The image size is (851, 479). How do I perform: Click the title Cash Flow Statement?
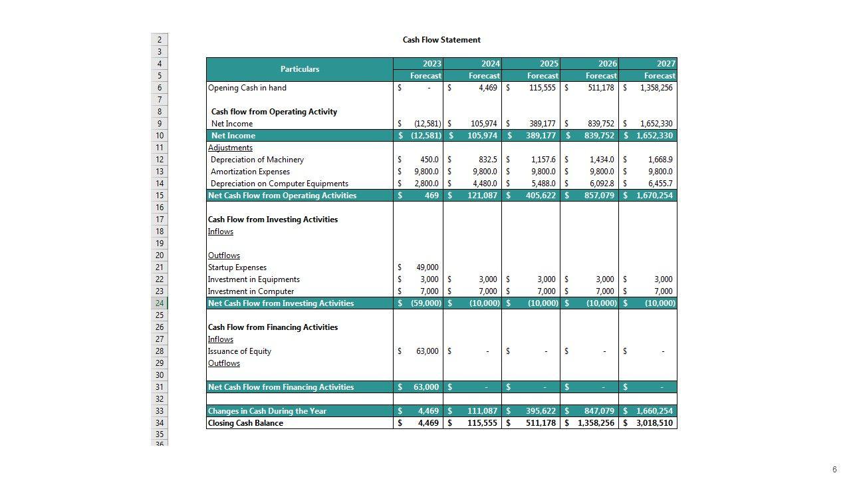click(x=441, y=40)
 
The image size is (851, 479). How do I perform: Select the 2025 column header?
click(x=548, y=64)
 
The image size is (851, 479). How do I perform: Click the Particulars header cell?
click(x=299, y=69)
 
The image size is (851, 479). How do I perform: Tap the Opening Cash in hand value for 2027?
click(x=656, y=88)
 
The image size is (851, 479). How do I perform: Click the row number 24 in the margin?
click(x=160, y=303)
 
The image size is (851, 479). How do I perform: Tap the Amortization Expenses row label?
click(x=250, y=172)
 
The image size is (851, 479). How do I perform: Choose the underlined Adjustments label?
click(x=230, y=148)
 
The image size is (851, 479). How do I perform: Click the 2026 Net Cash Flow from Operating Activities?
click(x=596, y=196)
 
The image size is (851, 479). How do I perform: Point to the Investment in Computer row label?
click(x=251, y=291)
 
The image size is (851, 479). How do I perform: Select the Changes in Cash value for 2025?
click(x=540, y=411)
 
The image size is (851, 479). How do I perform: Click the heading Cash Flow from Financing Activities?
click(x=273, y=327)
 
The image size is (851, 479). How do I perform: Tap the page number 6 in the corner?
click(x=834, y=470)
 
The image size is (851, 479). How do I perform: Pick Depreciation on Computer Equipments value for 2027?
click(x=660, y=184)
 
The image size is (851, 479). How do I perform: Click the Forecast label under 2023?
click(x=425, y=76)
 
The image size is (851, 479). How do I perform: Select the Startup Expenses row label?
click(x=237, y=267)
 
